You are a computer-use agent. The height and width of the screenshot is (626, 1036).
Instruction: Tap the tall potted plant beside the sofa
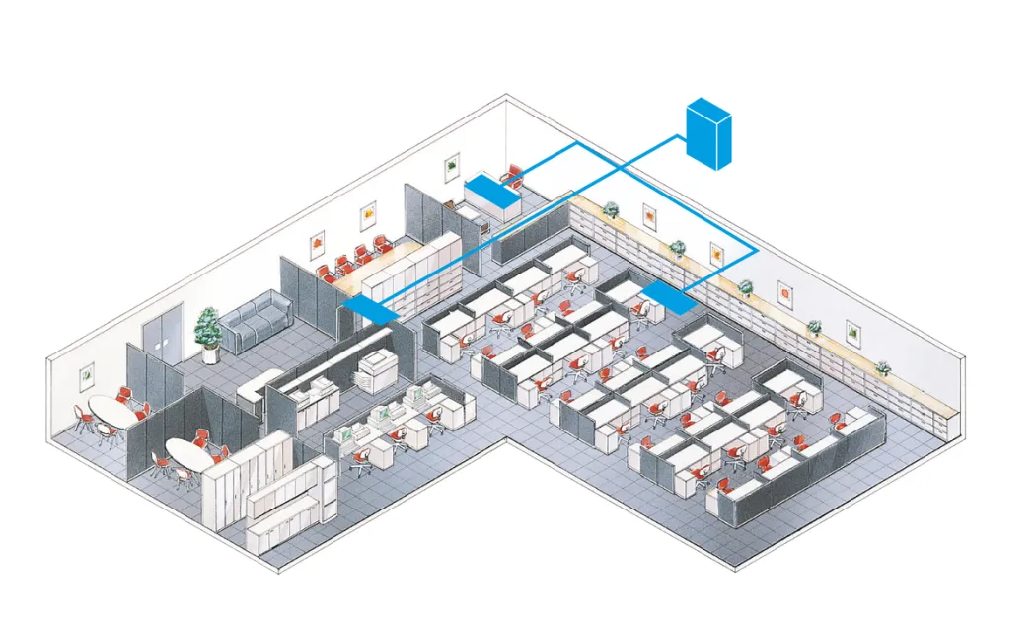pyautogui.click(x=208, y=328)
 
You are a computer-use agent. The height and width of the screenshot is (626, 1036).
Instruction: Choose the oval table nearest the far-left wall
pyautogui.click(x=109, y=412)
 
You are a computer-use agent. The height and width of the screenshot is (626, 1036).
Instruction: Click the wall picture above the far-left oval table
pyautogui.click(x=87, y=376)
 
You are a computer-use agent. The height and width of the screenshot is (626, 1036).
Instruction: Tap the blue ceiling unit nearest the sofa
pyautogui.click(x=372, y=307)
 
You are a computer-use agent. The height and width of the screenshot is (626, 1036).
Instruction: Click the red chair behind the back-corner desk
pyautogui.click(x=511, y=174)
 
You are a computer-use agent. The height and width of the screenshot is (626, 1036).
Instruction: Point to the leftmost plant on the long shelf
pyautogui.click(x=611, y=209)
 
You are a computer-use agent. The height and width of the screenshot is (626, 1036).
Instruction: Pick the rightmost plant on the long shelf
pyautogui.click(x=883, y=367)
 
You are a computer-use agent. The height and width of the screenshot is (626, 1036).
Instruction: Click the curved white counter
pyautogui.click(x=259, y=384)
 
